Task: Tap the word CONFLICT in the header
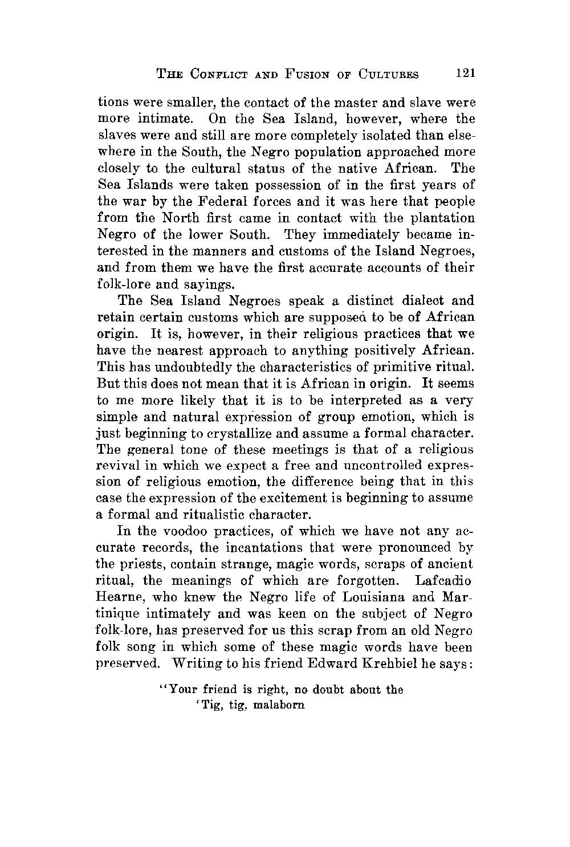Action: tap(218, 74)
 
